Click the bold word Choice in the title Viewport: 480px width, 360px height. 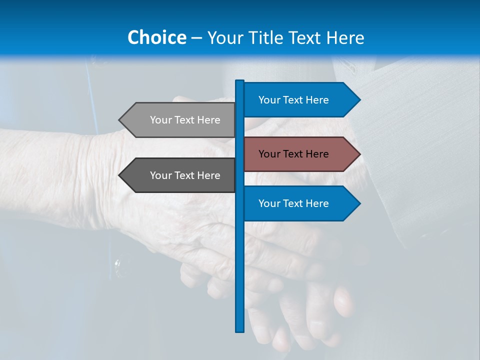156,37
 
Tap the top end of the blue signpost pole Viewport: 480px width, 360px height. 240,81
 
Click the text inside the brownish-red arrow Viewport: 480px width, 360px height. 293,154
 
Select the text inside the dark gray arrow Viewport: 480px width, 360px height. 185,175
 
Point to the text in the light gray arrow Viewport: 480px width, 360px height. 185,120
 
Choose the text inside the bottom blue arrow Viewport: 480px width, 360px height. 293,203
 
